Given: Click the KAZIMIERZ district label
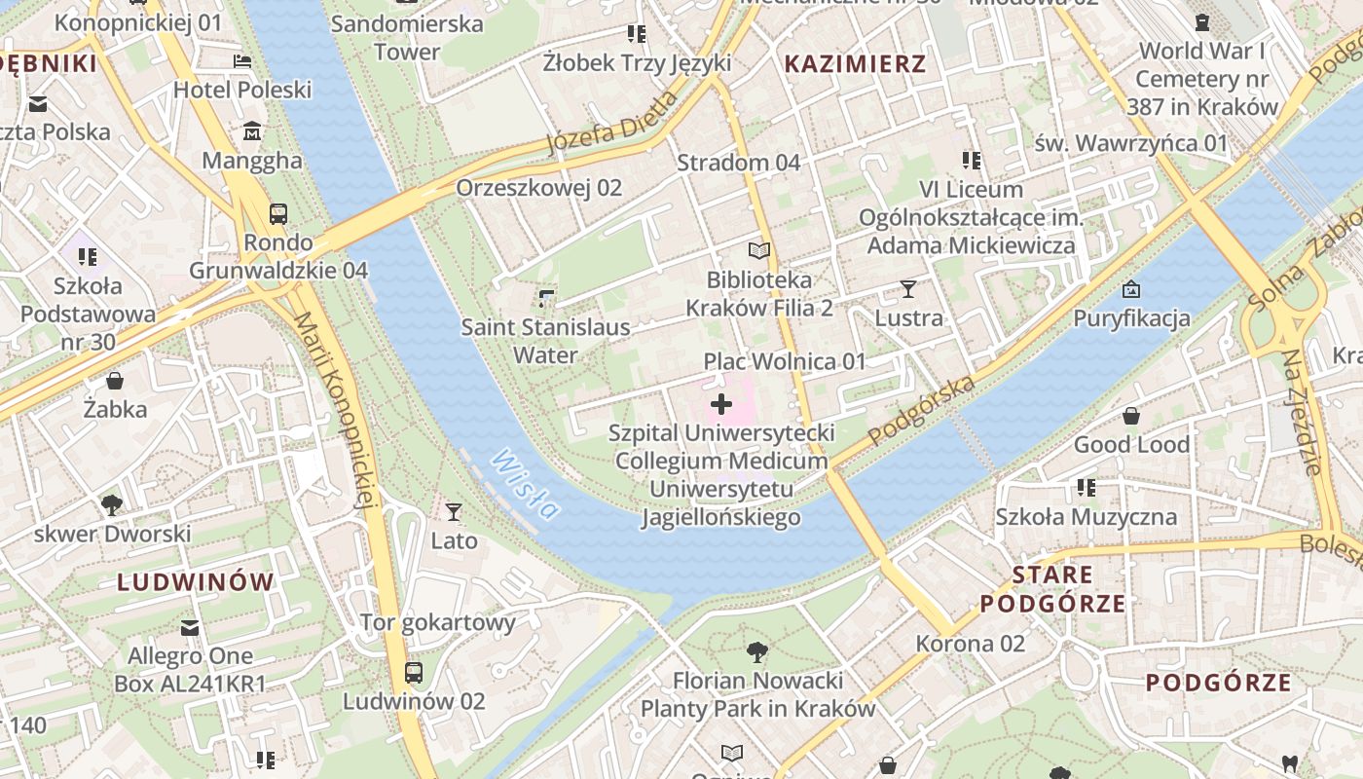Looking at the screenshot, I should [x=855, y=64].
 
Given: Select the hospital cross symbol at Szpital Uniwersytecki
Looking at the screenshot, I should [x=721, y=404].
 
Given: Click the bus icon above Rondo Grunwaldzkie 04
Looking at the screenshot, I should [x=278, y=213].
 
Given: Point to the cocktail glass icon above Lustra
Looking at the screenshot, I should [x=908, y=289].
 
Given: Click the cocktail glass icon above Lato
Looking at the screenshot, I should [x=454, y=512].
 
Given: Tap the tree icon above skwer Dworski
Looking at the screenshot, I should [x=112, y=504].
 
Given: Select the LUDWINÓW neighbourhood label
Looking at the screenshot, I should [x=196, y=582].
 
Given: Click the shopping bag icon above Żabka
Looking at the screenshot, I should [x=115, y=381].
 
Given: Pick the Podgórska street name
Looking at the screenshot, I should [x=921, y=411].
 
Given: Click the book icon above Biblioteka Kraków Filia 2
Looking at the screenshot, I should [x=759, y=251].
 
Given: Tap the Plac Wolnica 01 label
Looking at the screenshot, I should [x=785, y=361].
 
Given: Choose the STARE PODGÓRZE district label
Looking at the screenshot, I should [x=1052, y=588].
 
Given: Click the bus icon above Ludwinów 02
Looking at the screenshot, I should [x=414, y=672].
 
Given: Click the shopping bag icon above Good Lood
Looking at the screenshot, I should [x=1131, y=417].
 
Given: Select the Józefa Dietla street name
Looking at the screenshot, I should [x=611, y=124].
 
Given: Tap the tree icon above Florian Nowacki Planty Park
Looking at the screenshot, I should [x=756, y=651].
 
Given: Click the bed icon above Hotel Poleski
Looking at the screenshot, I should [x=242, y=61].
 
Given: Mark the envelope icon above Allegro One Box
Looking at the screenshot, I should [x=190, y=628].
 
